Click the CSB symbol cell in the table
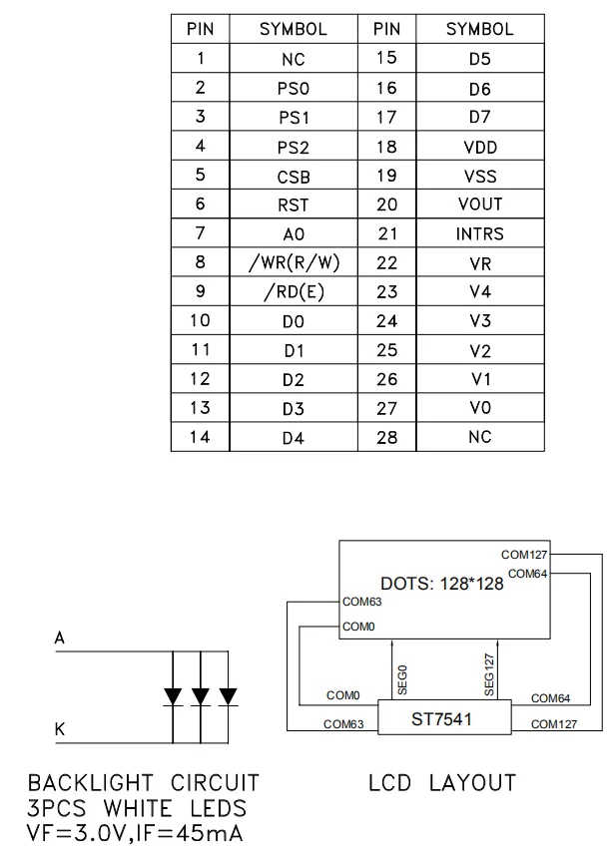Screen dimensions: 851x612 293,177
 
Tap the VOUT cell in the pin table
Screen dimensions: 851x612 479,205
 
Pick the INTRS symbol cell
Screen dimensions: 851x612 479,234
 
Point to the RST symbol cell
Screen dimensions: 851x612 293,206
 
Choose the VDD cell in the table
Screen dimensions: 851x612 479,147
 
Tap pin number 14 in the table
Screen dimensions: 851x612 201,437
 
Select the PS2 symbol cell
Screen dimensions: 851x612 293,148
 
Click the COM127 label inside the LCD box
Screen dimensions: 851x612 523,554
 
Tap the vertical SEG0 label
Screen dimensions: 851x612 402,678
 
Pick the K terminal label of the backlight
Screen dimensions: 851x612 60,729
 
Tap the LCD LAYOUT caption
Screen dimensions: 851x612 442,782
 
